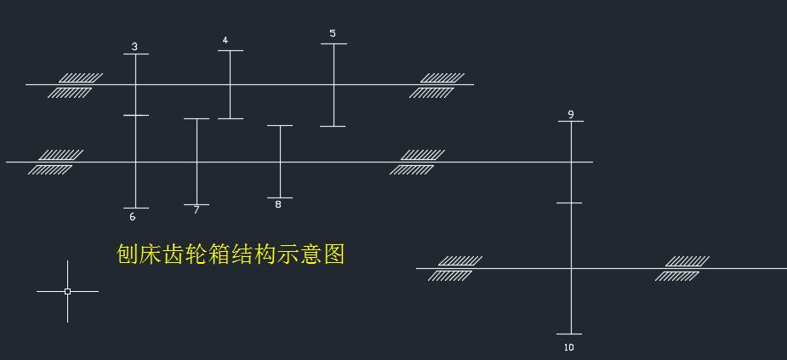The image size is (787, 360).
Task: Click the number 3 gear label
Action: click(x=134, y=47)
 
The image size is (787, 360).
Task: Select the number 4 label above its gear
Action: click(x=225, y=40)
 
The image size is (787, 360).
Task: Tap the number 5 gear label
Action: click(x=333, y=34)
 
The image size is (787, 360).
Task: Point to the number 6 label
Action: click(x=133, y=217)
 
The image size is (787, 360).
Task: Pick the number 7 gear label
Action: click(x=196, y=209)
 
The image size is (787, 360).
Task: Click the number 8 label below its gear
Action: click(x=278, y=204)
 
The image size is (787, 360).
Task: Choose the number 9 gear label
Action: click(x=571, y=114)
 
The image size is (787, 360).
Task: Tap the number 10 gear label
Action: click(x=569, y=347)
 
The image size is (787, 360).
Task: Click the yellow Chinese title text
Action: click(x=231, y=254)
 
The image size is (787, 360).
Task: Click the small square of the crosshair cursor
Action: click(x=67, y=291)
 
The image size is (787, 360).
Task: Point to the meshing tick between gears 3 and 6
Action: click(x=136, y=115)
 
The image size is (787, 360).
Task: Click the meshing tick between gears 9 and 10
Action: click(x=570, y=203)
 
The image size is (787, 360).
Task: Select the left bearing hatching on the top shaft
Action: click(x=75, y=85)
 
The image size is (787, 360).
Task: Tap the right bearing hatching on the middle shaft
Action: click(x=417, y=162)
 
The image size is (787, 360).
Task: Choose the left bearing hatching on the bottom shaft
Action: click(x=454, y=268)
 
